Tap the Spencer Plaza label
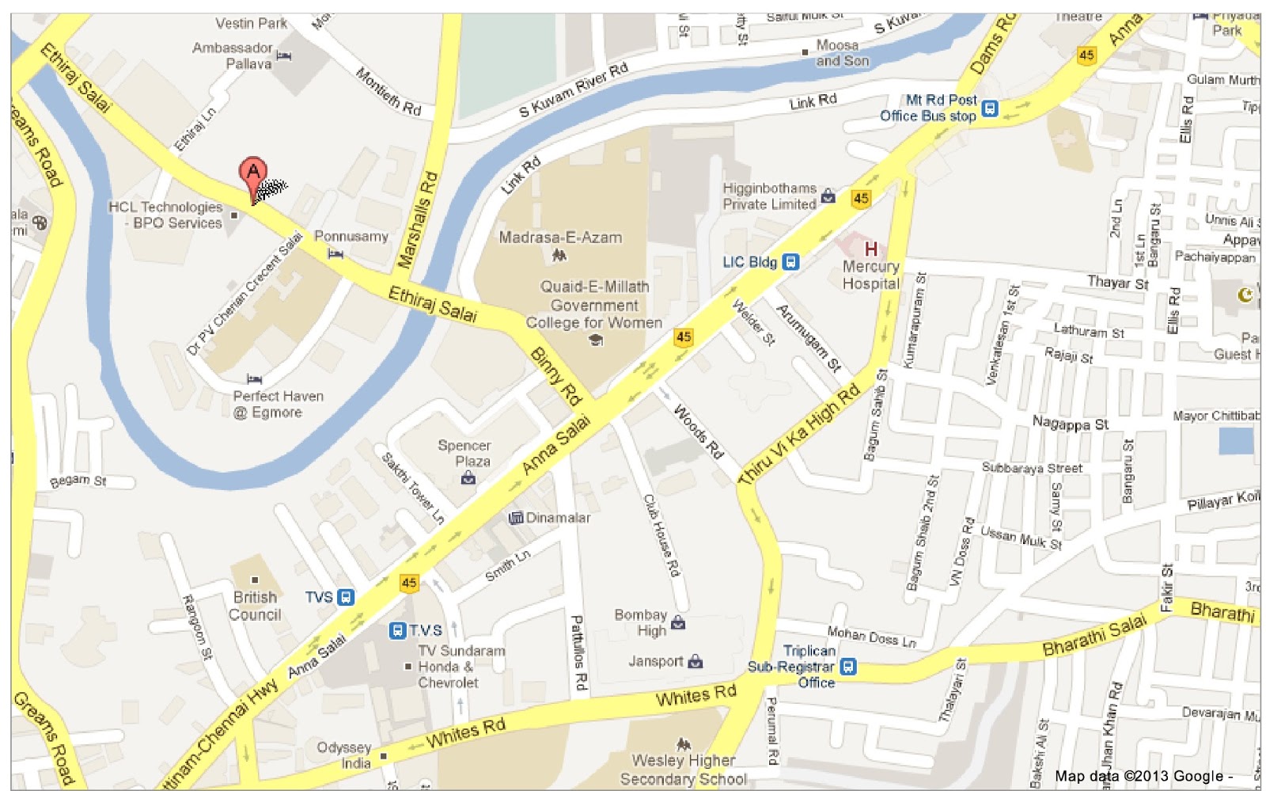(x=464, y=453)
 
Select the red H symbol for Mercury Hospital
(x=870, y=249)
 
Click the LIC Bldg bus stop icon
(x=790, y=262)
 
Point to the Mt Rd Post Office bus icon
(x=989, y=108)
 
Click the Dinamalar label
(x=558, y=518)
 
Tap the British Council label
(x=255, y=606)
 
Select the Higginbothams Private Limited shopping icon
(x=828, y=196)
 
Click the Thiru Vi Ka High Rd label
(x=799, y=433)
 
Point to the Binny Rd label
(x=555, y=375)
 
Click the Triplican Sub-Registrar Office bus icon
(x=847, y=667)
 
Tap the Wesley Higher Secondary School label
(x=684, y=770)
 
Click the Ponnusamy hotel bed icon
(x=335, y=254)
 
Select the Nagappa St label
(x=1070, y=424)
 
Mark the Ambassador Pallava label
(x=233, y=55)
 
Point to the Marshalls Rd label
(x=417, y=219)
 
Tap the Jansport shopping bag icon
(x=695, y=661)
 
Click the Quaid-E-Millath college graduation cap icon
(x=595, y=340)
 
